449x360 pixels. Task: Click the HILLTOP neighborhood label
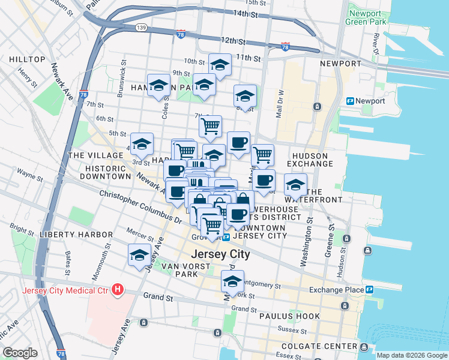(x=28, y=59)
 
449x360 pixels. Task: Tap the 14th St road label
(x=248, y=13)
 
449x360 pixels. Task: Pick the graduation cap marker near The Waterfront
(x=295, y=184)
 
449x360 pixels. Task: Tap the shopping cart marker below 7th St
(x=210, y=125)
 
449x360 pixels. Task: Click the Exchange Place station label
(x=336, y=290)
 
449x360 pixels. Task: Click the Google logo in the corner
(x=20, y=353)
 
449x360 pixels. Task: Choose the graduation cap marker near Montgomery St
(x=233, y=280)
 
